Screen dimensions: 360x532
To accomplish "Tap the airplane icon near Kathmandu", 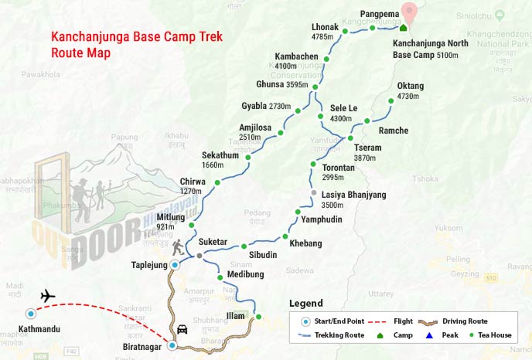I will tap(48, 296).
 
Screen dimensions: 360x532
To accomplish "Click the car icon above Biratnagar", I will tap(182, 328).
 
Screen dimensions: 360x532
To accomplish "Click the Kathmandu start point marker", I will tap(30, 314).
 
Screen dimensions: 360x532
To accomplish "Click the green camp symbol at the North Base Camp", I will tap(402, 27).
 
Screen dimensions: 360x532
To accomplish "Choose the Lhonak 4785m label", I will tap(325, 32).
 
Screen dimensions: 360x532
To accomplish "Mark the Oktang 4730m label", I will tap(411, 91).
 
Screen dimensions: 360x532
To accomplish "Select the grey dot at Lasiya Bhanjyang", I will tap(313, 192).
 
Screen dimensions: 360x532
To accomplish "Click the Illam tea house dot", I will tap(258, 317).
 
